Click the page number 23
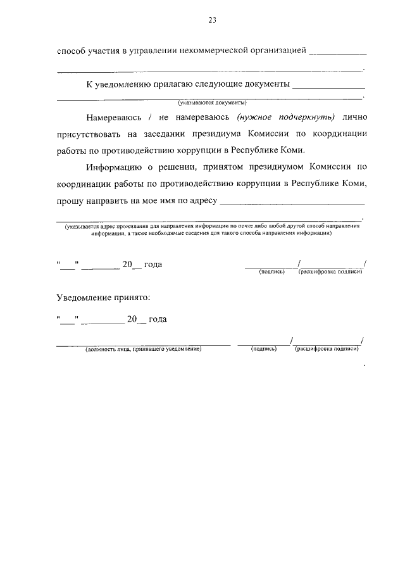(x=212, y=20)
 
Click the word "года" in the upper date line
(x=153, y=264)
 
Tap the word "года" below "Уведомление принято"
(x=158, y=319)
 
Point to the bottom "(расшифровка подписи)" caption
(x=327, y=349)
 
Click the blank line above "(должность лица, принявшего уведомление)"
(x=144, y=344)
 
